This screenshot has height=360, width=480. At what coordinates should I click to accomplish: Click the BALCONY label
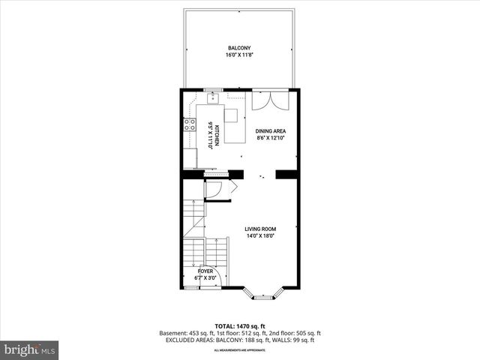click(240, 47)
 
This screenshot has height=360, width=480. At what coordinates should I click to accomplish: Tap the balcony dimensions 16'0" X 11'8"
click(240, 55)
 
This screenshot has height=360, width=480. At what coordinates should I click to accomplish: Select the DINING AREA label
click(271, 131)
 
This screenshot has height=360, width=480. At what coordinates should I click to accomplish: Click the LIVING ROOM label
click(261, 229)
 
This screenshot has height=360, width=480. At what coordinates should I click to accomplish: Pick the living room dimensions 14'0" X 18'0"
click(261, 236)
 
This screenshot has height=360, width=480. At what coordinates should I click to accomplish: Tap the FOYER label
click(205, 271)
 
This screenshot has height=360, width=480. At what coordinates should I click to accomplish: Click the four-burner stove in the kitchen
click(190, 125)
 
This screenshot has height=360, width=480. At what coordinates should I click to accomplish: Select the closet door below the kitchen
click(214, 190)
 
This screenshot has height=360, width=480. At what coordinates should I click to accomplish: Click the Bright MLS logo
click(30, 349)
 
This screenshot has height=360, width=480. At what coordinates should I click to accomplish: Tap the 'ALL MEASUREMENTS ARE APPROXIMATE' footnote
click(240, 350)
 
